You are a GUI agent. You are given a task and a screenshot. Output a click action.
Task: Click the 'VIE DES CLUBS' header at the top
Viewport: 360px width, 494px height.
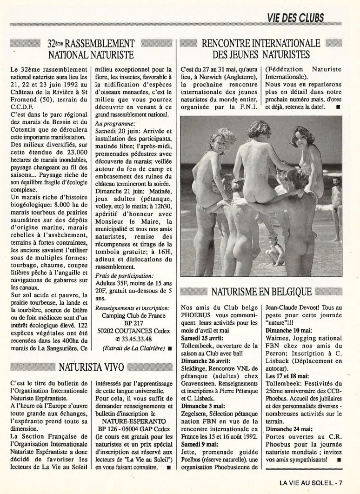pos(296,19)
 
